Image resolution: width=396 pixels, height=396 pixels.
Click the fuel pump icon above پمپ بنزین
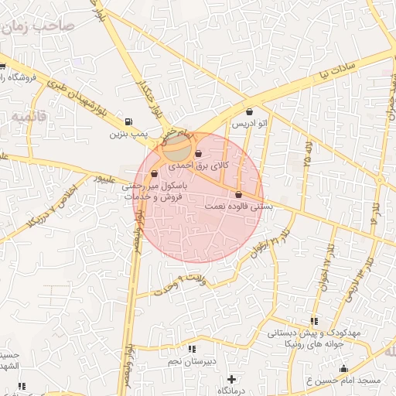click(127, 121)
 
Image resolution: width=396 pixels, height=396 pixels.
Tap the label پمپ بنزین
click(127, 135)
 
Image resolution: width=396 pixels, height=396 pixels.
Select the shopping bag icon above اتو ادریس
click(248, 112)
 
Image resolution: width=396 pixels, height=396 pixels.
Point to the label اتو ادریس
click(250, 124)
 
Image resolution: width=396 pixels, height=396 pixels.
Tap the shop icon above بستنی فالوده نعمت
click(237, 194)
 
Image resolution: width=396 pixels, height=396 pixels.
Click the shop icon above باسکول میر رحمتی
click(155, 174)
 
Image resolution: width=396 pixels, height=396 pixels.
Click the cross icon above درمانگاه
click(230, 378)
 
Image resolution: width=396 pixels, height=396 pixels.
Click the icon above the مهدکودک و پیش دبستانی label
click(313, 320)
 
